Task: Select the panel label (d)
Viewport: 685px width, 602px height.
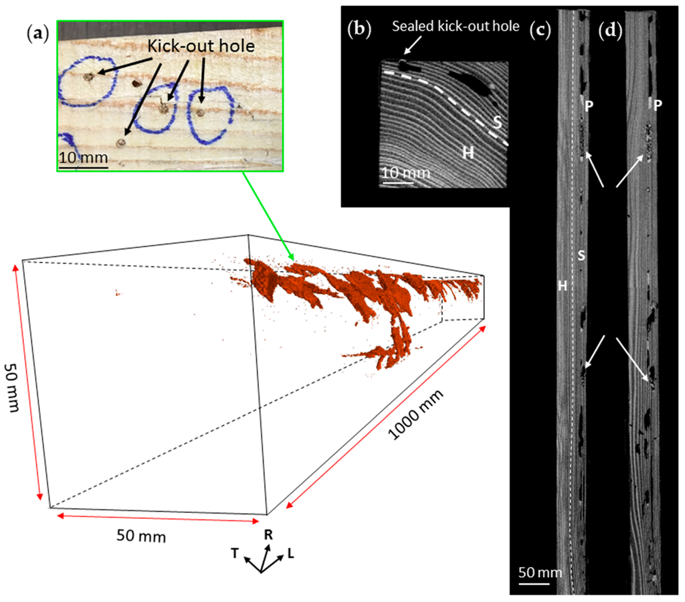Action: click(x=610, y=30)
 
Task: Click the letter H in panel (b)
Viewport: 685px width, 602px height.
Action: click(x=468, y=153)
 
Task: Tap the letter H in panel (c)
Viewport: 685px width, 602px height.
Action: click(x=563, y=286)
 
